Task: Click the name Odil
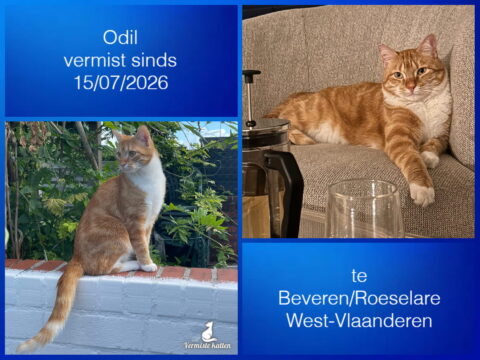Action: tap(120, 37)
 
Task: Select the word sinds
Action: tap(154, 60)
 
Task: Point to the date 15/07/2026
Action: tap(121, 82)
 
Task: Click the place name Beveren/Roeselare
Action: tap(359, 298)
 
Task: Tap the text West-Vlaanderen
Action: tap(359, 321)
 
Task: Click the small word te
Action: tap(359, 276)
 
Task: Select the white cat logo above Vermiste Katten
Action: tap(209, 331)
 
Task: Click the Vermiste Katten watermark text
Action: tap(207, 346)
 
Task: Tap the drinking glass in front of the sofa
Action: tap(365, 209)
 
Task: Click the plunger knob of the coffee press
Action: tap(251, 73)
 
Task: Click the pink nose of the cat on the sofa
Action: tap(410, 88)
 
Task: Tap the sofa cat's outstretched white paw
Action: tap(422, 194)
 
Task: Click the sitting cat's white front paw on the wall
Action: tap(148, 267)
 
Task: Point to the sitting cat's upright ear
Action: tap(144, 135)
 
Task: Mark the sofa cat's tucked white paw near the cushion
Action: tap(430, 160)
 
